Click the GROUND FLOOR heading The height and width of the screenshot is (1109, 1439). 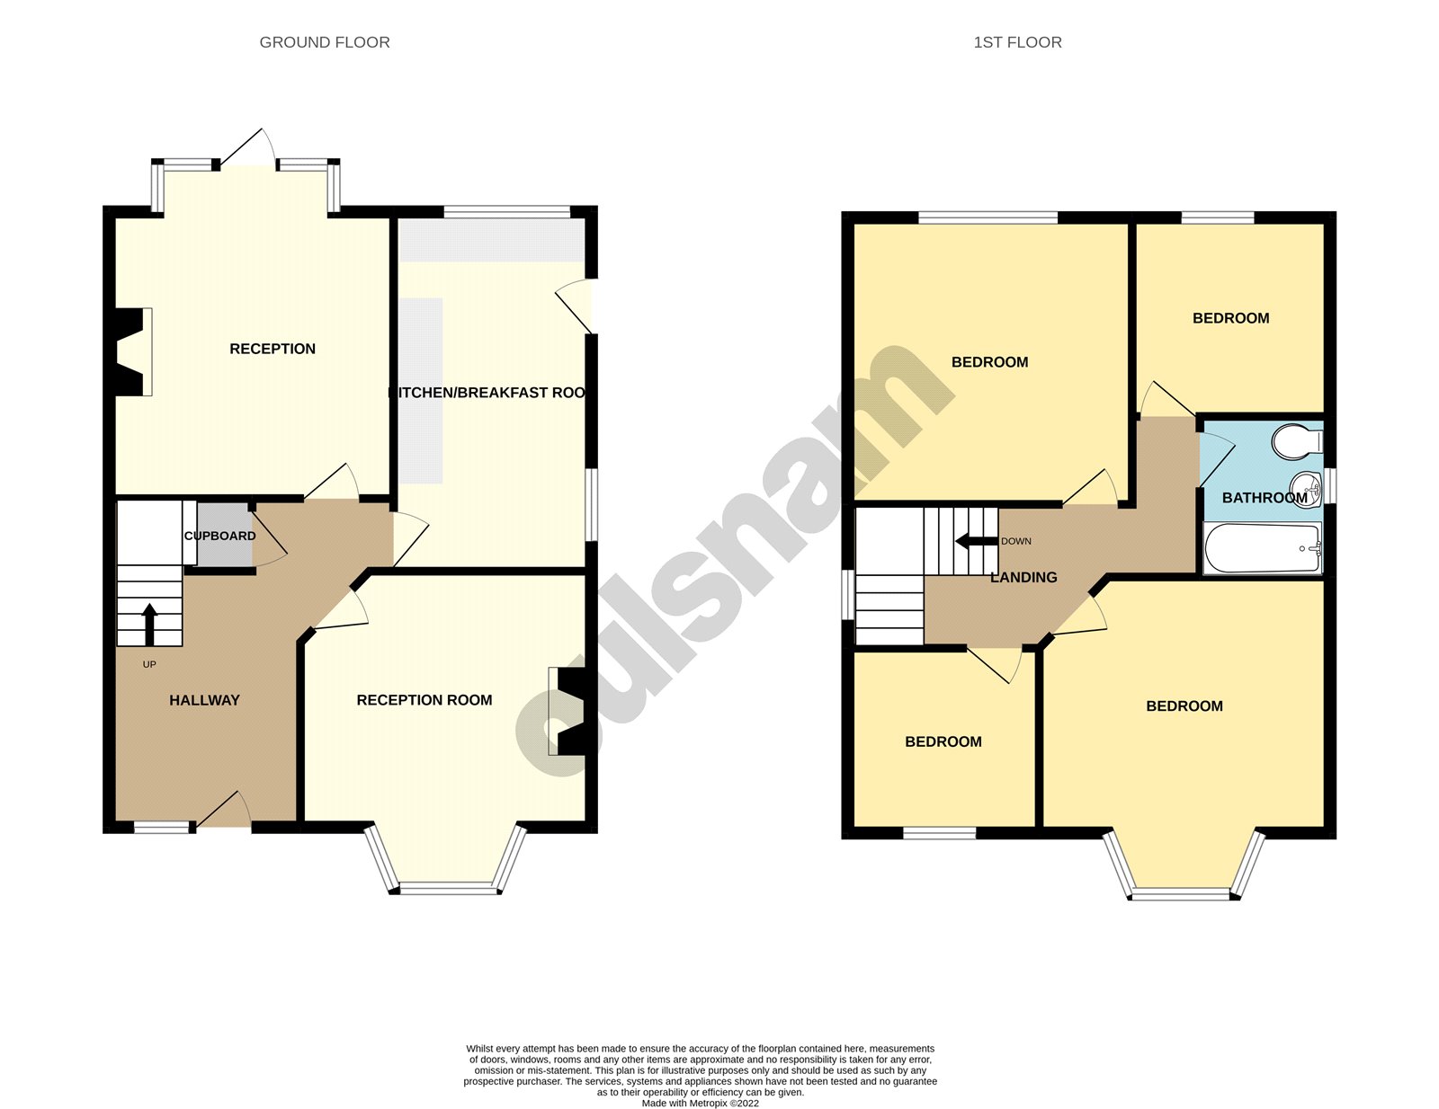[325, 42]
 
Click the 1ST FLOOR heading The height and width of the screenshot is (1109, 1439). [1017, 42]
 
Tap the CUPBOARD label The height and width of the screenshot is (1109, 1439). [220, 536]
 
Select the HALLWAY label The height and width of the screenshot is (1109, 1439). [204, 700]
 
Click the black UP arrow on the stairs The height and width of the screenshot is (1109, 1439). [149, 624]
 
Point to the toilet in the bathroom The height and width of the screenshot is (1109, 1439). [1296, 440]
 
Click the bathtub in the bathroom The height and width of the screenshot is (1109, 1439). [1263, 549]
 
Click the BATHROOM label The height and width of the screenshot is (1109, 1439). [1264, 498]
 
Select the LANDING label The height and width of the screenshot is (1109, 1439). [1023, 578]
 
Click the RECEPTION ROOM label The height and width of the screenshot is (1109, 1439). [424, 700]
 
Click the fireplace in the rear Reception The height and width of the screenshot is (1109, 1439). [131, 351]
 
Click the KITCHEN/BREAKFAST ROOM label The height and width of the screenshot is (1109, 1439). [487, 393]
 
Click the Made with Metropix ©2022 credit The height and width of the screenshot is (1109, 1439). [700, 1103]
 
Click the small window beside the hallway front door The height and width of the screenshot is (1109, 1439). [162, 827]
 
